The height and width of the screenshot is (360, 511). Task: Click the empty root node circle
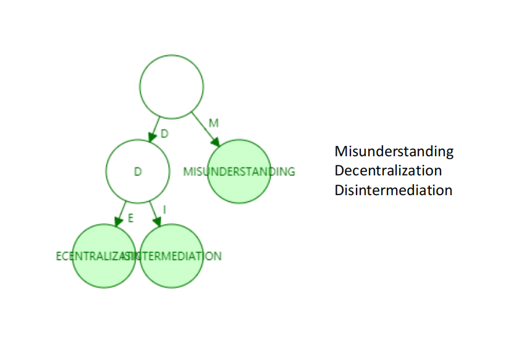click(x=172, y=86)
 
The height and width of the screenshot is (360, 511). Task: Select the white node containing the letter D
click(x=138, y=171)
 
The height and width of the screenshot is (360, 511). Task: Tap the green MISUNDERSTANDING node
click(x=239, y=171)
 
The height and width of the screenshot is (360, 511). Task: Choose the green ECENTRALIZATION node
click(x=103, y=256)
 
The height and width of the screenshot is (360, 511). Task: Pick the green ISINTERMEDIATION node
click(x=172, y=256)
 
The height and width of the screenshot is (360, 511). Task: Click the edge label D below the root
click(x=164, y=133)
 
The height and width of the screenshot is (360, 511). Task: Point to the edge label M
click(x=213, y=123)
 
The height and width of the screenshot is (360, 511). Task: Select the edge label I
click(x=164, y=210)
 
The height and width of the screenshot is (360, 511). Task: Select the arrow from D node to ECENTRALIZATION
click(x=122, y=214)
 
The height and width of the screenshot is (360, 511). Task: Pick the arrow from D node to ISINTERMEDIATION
click(x=154, y=214)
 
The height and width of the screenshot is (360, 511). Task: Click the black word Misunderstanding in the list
click(x=394, y=152)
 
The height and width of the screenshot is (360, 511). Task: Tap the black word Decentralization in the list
click(x=388, y=170)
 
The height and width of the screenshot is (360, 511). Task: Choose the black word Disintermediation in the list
click(x=393, y=190)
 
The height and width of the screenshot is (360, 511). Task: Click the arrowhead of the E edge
click(x=118, y=223)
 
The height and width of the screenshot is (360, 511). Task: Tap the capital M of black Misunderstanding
click(x=340, y=151)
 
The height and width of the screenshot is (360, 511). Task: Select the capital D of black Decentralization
click(x=339, y=170)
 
